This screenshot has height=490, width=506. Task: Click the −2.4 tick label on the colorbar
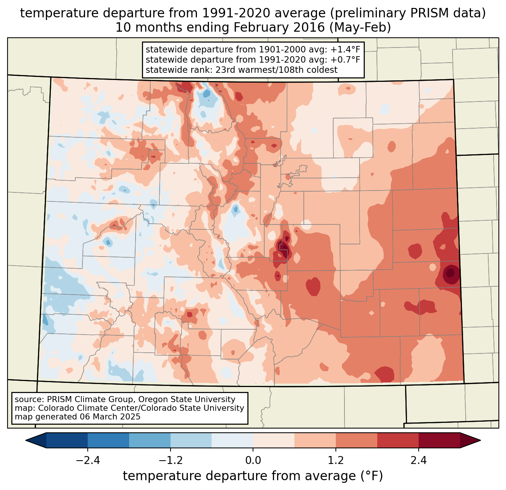pos(88,461)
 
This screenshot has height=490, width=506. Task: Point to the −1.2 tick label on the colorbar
pos(171,461)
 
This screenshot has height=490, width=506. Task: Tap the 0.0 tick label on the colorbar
pos(253,461)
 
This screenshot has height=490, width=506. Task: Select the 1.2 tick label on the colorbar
pos(336,461)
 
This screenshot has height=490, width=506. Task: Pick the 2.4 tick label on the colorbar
pos(418,461)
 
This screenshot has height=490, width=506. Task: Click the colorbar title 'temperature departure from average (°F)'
pos(253,476)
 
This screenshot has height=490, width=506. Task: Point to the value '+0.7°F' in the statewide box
pos(345,60)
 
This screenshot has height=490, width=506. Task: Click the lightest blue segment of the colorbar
pos(232,440)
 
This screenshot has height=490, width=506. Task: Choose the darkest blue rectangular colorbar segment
pos(67,440)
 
